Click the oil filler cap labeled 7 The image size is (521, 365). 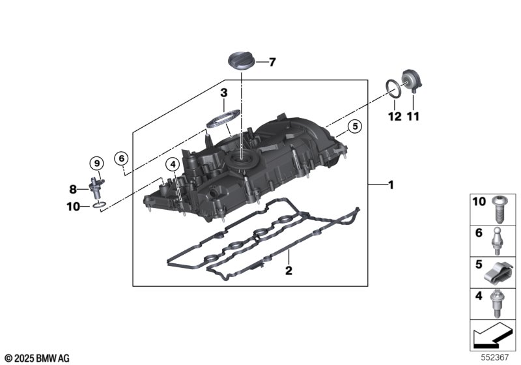241,61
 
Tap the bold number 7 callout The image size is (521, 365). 272,62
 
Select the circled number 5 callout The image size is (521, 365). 355,126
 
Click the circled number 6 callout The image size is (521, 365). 121,158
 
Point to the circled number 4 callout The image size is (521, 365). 173,164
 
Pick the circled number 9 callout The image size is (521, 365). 96,163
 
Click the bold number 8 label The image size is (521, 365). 73,189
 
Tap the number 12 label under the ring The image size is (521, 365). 395,117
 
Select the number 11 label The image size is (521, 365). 413,117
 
